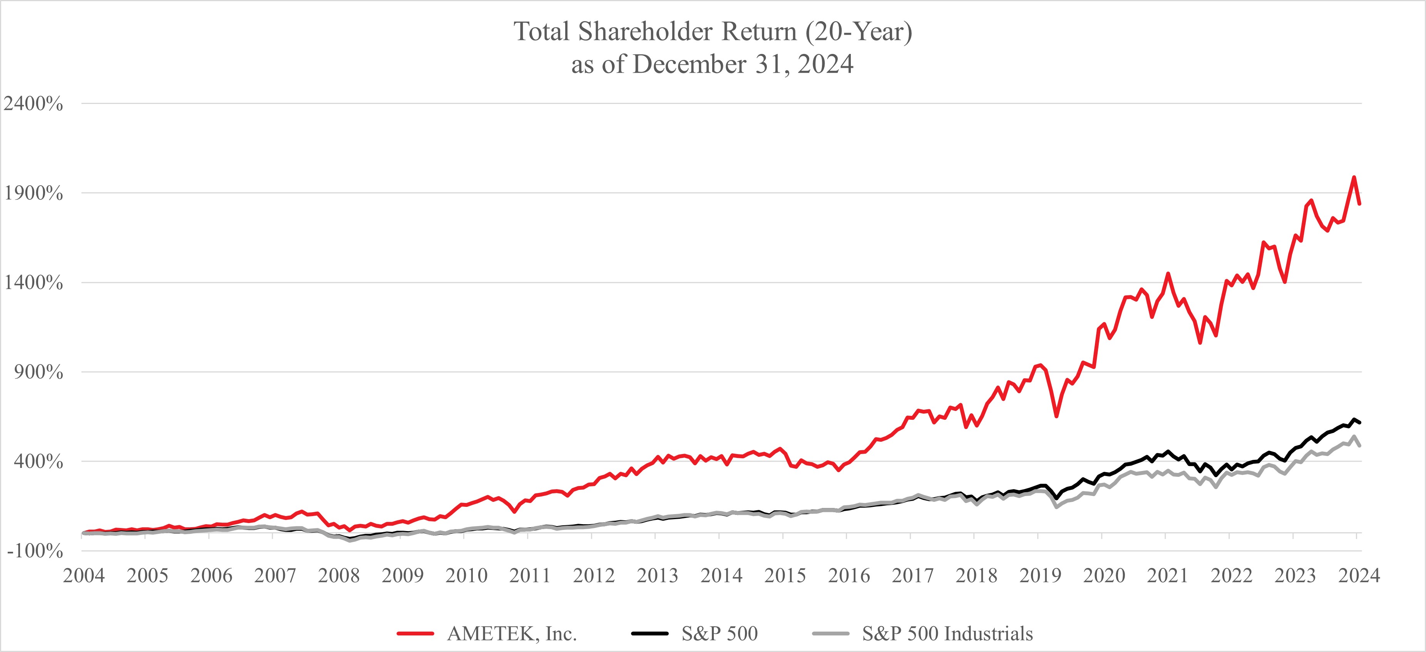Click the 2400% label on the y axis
pyautogui.click(x=33, y=104)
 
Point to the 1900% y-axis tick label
pyautogui.click(x=33, y=193)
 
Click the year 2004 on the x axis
pyautogui.click(x=84, y=576)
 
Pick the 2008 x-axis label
pyautogui.click(x=339, y=576)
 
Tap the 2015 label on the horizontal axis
pyautogui.click(x=785, y=576)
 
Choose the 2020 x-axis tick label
pyautogui.click(x=1104, y=576)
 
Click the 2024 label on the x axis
pyautogui.click(x=1359, y=576)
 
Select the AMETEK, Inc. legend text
pyautogui.click(x=512, y=633)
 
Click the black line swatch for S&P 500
pyautogui.click(x=650, y=633)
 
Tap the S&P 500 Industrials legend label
pyautogui.click(x=947, y=633)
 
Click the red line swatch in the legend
pyautogui.click(x=415, y=633)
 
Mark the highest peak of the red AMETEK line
pyautogui.click(x=1354, y=177)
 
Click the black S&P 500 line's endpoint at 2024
pyautogui.click(x=1359, y=423)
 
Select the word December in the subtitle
pyautogui.click(x=690, y=64)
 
